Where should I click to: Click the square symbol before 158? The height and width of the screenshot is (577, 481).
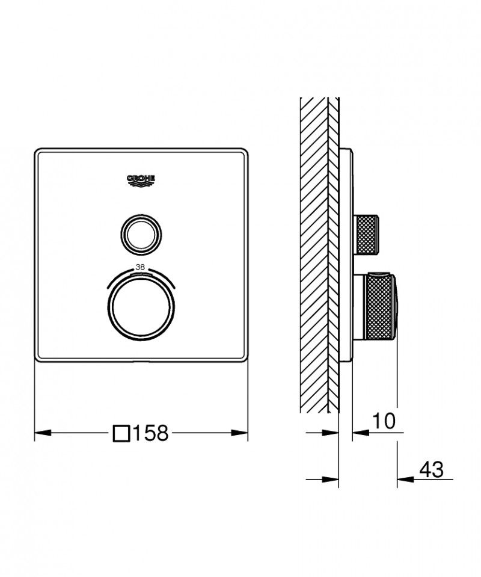click(x=121, y=433)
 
